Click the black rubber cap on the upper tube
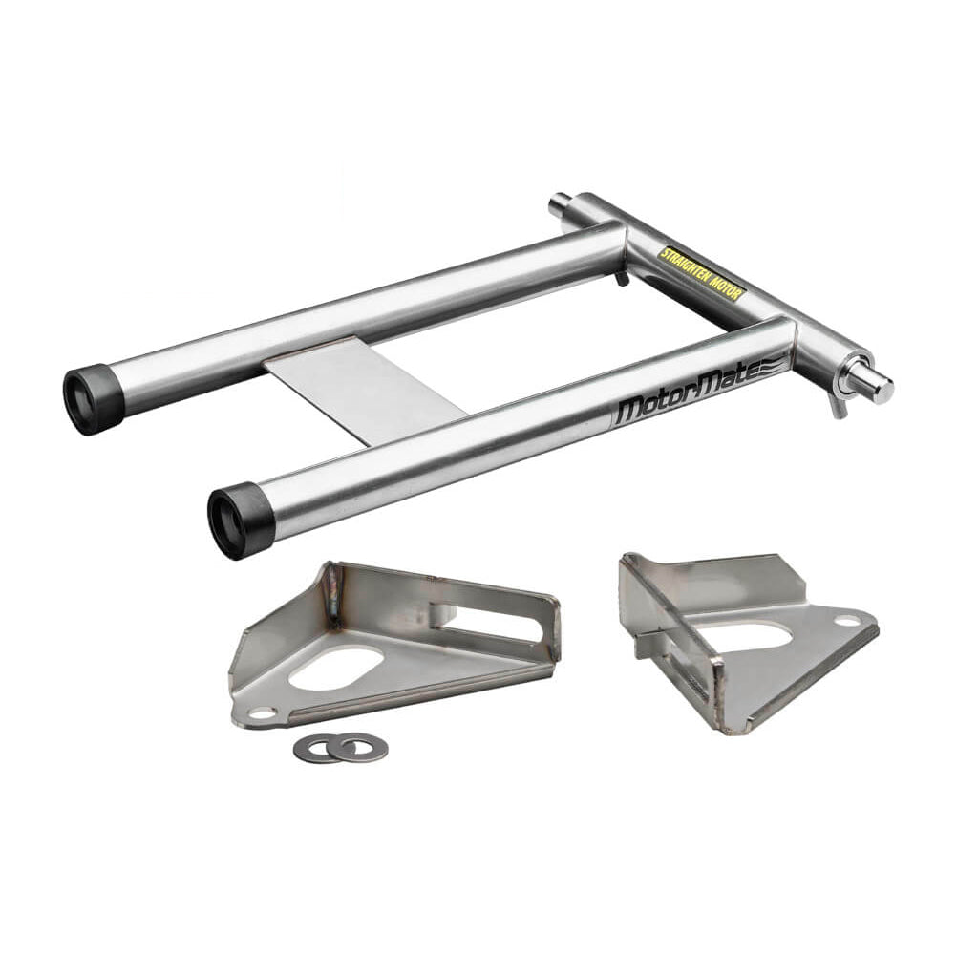coord(93,398)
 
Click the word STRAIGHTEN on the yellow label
coord(686,266)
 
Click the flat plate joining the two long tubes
coord(364,391)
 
